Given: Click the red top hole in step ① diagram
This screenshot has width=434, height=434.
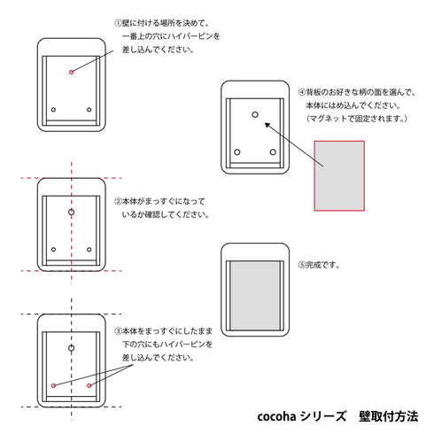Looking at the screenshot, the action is [71, 72].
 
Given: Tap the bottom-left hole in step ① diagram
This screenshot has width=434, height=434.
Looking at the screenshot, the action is [53, 110].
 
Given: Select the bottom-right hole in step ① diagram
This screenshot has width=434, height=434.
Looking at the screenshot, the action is [89, 110].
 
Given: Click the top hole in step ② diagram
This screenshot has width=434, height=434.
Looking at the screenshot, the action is [71, 212].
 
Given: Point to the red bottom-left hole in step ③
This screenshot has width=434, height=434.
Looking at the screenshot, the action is [53, 385].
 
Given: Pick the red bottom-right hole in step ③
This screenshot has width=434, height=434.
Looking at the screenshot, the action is [89, 385].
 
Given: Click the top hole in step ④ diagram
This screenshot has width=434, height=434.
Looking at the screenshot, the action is [255, 114].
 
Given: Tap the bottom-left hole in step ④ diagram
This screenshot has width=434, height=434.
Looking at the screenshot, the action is [237, 152].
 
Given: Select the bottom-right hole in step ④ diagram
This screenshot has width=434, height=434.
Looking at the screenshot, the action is [273, 152].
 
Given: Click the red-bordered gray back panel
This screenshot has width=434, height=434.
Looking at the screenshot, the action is [339, 175].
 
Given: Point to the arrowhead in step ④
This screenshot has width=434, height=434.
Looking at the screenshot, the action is [267, 125].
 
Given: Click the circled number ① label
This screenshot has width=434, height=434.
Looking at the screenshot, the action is [118, 23].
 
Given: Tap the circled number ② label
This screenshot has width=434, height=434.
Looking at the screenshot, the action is [118, 201].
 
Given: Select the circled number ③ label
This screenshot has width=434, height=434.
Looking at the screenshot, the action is [118, 331].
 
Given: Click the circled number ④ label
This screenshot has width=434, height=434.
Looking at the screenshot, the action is [302, 92].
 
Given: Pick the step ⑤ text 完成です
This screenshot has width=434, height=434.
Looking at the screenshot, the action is [322, 265].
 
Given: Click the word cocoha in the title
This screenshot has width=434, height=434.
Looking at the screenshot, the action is [276, 416].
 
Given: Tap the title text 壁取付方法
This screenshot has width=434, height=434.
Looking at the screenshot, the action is [389, 416].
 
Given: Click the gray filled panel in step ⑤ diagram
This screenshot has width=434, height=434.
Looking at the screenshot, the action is [255, 295].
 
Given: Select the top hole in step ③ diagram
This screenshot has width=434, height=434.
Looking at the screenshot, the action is [71, 348].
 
